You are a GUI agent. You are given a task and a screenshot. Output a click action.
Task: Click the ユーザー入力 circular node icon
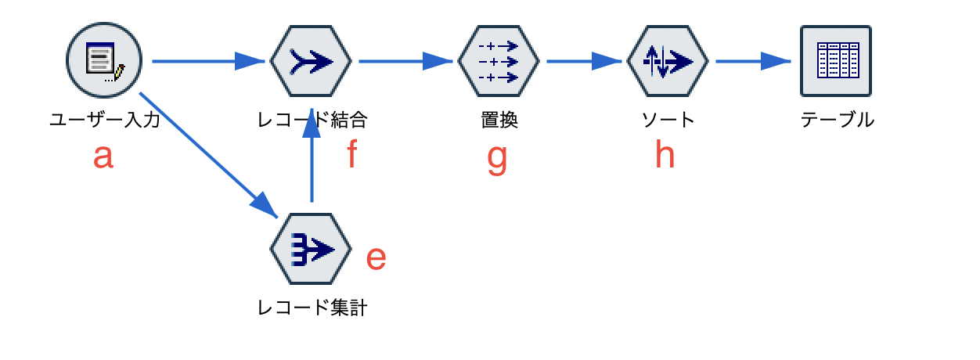click(103, 60)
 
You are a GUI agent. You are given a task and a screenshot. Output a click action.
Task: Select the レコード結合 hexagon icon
click(311, 60)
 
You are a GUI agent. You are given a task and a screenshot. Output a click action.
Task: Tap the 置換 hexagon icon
click(499, 60)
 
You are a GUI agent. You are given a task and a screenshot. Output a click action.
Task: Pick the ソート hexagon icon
click(668, 60)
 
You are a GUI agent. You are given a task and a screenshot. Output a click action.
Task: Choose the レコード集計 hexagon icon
click(311, 248)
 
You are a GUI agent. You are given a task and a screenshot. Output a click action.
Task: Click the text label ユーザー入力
click(105, 120)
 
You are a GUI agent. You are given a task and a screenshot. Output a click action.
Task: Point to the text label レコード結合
click(312, 120)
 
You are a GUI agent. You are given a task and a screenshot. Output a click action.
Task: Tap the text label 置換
click(499, 120)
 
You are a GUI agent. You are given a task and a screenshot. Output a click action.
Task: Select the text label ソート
click(668, 120)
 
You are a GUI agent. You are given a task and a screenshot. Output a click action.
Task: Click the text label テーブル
click(837, 120)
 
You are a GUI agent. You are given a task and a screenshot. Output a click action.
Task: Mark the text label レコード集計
click(312, 308)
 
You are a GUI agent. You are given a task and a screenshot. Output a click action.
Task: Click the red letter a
click(103, 157)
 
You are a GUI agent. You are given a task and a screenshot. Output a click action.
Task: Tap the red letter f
click(351, 155)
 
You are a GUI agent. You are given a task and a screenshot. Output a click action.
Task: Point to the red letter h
click(665, 155)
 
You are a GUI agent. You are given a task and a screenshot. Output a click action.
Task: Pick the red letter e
click(377, 258)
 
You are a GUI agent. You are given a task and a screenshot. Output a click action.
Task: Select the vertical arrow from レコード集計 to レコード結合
click(312, 160)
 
